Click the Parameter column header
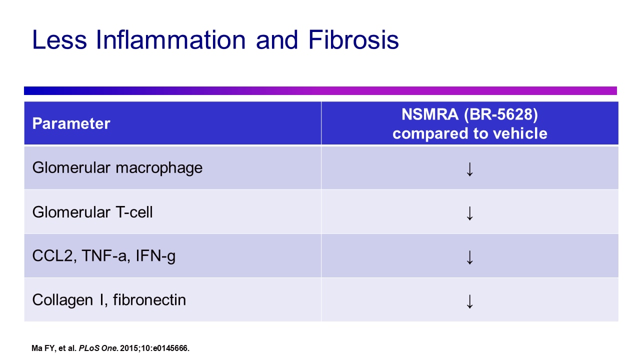pos(71,123)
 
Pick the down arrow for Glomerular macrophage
pos(469,168)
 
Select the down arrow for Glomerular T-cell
pos(469,212)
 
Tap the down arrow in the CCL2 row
pos(469,256)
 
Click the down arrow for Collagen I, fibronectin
pos(469,300)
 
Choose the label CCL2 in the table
pos(50,256)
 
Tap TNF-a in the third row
pos(102,256)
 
